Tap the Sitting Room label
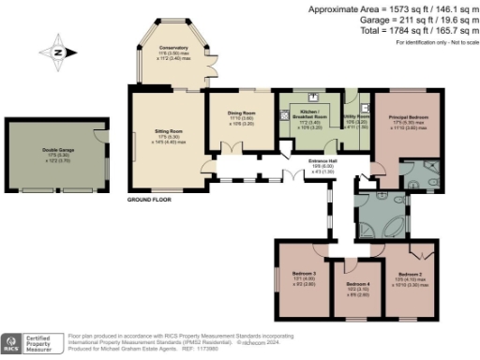coord(170,132)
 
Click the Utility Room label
coord(357,118)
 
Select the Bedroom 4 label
coord(359,284)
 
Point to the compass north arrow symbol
coord(58,53)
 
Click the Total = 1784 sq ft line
coord(413,30)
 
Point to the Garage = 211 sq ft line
coord(415,20)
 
